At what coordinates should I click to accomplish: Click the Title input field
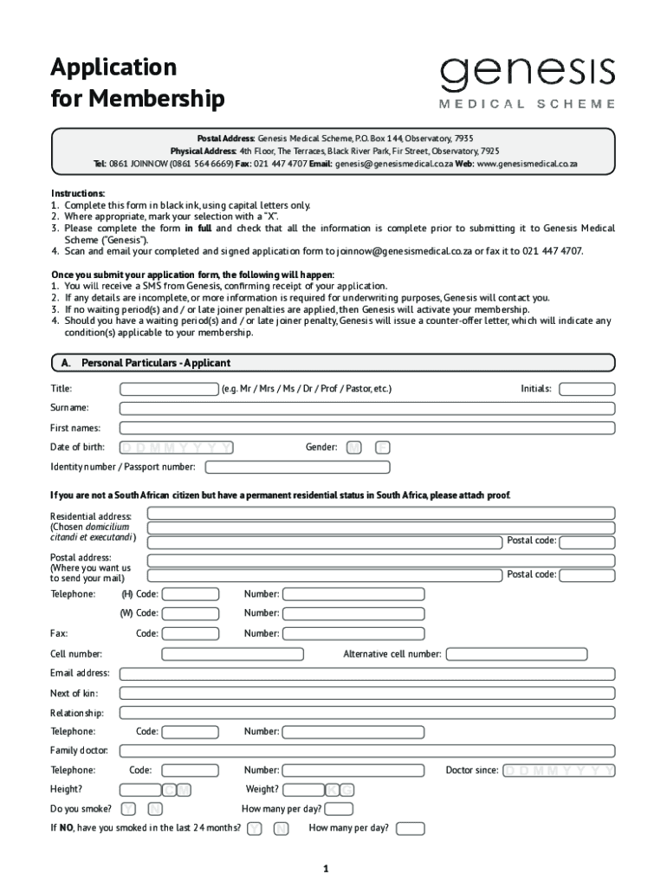click(169, 389)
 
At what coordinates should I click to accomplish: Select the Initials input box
click(586, 389)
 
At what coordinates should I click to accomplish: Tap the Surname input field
click(366, 408)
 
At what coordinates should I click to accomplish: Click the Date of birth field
click(177, 448)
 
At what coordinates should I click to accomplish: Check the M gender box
click(353, 448)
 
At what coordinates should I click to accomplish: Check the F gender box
click(383, 448)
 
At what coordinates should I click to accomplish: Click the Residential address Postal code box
click(586, 541)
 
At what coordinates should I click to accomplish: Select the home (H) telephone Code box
click(190, 594)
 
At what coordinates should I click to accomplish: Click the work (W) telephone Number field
click(354, 613)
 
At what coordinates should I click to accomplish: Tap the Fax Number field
click(354, 633)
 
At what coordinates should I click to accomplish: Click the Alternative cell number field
click(530, 654)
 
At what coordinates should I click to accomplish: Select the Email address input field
click(366, 673)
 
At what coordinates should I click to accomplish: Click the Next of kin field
click(366, 693)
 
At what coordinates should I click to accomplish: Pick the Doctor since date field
click(559, 770)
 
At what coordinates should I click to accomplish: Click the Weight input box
click(303, 789)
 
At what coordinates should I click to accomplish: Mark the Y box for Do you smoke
click(128, 809)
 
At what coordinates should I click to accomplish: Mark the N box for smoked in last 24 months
click(281, 829)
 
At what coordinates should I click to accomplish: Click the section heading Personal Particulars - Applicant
click(156, 363)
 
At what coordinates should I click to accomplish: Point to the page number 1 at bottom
click(326, 868)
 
